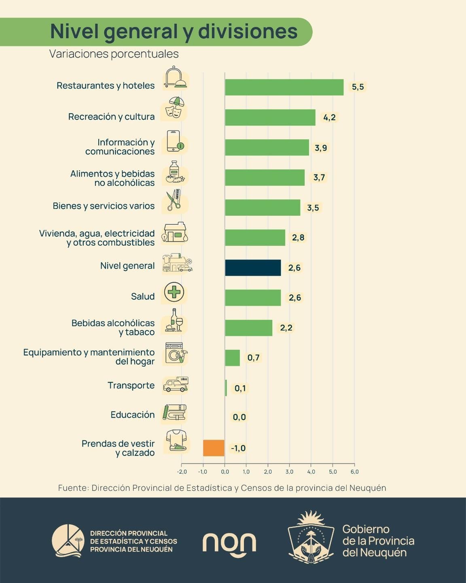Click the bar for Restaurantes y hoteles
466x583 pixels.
point(284,87)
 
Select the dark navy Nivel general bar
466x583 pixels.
point(253,268)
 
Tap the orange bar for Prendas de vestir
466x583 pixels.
point(214,448)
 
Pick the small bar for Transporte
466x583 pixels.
point(226,388)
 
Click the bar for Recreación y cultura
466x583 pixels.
point(270,117)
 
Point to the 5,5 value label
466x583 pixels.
point(358,87)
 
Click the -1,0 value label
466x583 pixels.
point(238,448)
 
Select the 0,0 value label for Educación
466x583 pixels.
point(239,417)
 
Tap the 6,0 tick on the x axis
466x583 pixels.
point(354,472)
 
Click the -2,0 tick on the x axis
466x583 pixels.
point(182,472)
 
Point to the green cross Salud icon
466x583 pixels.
point(174,292)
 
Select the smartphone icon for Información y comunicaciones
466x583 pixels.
point(175,141)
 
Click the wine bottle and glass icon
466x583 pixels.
point(174,320)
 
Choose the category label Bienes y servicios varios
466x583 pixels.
point(104,206)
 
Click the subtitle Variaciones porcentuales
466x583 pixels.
point(114,54)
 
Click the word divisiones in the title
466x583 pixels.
point(248,32)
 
